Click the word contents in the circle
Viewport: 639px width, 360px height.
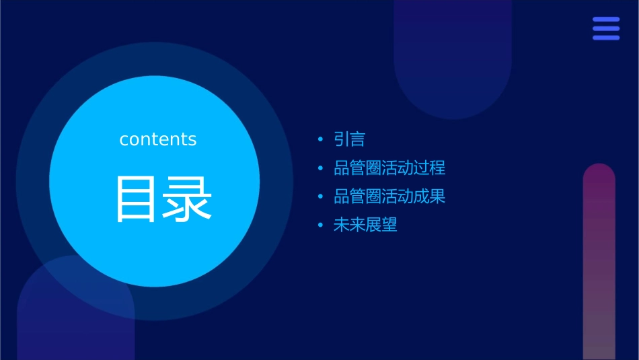tap(158, 139)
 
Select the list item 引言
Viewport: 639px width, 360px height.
tap(349, 139)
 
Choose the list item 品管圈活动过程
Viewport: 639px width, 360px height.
tap(389, 168)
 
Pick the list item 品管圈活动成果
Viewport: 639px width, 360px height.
tap(389, 196)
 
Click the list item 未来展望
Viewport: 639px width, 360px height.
tap(365, 225)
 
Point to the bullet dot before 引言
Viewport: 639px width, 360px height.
tap(320, 140)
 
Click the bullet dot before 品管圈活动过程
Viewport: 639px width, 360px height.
tap(320, 168)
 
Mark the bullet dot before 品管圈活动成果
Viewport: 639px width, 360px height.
tap(320, 197)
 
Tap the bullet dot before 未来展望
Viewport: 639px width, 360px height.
tap(320, 225)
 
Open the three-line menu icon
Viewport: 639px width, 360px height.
tap(606, 28)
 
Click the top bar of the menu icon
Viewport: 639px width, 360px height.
tap(606, 20)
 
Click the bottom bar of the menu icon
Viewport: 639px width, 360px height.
tap(606, 38)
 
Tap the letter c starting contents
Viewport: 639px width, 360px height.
tap(124, 140)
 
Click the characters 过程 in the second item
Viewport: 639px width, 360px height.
tap(430, 168)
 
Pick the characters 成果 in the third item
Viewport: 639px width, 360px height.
tap(430, 196)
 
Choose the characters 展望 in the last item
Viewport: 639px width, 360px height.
tap(381, 225)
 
